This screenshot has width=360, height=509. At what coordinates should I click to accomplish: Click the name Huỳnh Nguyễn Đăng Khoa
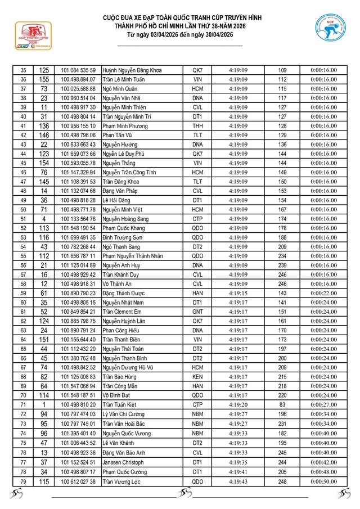coord(132,70)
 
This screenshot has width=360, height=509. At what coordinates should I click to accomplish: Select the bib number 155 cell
coord(44,79)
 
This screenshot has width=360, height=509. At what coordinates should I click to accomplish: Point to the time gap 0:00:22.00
coord(323,293)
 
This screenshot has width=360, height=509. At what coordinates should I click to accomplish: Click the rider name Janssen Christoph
coord(123,462)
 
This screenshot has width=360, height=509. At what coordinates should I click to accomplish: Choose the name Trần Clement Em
coord(121,312)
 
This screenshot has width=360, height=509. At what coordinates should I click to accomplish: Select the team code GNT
coord(197,312)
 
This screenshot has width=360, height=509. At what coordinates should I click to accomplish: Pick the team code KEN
coord(197,377)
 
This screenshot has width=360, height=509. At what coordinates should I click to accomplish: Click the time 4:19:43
coord(238,482)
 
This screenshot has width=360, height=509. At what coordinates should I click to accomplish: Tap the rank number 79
coord(23,482)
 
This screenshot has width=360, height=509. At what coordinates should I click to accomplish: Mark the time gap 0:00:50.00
coord(323,482)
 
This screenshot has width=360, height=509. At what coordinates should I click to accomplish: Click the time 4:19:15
coord(238,293)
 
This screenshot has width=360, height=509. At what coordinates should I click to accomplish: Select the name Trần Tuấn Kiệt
coord(120,404)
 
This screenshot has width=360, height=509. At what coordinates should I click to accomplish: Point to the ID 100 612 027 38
coord(78,482)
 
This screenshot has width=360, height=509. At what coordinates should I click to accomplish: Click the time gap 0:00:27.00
coord(323,404)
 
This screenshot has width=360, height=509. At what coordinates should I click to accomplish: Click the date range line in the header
coord(180,35)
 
